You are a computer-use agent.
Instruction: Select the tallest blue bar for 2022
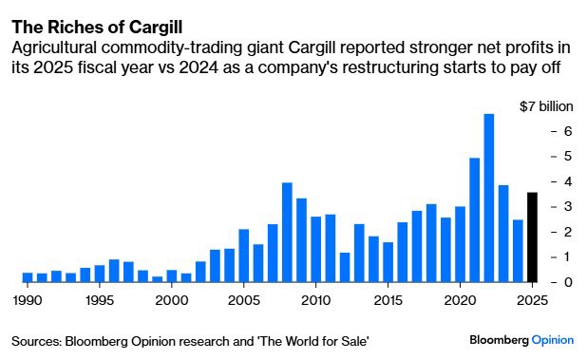point(489,199)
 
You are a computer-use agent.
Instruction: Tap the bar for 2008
point(287,233)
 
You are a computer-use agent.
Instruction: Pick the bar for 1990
point(28,277)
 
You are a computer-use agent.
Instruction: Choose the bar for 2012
point(345,267)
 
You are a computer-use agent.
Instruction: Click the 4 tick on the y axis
point(566,181)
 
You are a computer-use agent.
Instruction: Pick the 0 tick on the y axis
point(566,282)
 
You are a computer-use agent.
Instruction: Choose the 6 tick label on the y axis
point(566,131)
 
